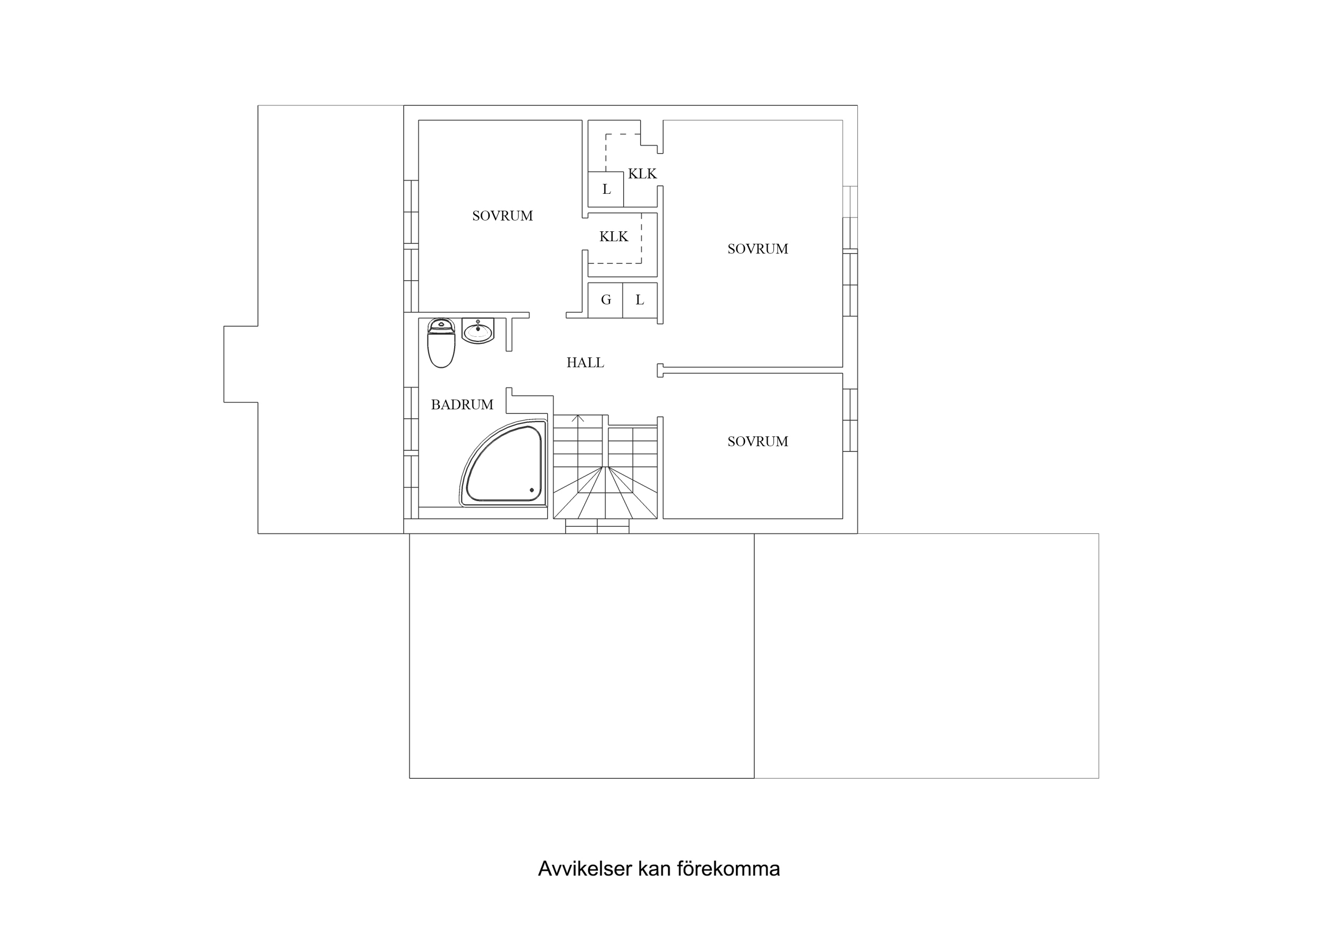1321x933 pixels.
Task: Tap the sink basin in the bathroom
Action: tap(477, 332)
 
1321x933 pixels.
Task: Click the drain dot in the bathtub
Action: tap(532, 491)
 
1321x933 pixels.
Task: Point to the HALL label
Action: tap(585, 363)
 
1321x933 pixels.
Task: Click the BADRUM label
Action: tap(462, 404)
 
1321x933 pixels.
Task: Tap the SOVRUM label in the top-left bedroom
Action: tap(502, 216)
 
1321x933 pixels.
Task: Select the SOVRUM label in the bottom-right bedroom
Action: tap(758, 441)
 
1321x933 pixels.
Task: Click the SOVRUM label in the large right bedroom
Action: tap(758, 249)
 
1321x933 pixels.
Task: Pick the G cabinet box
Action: tap(605, 299)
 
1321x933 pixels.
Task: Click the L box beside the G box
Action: tap(640, 299)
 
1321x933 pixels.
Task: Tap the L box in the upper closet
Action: tap(606, 189)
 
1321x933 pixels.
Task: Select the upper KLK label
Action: tap(642, 174)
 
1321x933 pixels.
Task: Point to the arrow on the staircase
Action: tap(578, 419)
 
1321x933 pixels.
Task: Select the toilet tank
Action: tap(441, 325)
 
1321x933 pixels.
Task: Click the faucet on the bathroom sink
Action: tap(477, 323)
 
